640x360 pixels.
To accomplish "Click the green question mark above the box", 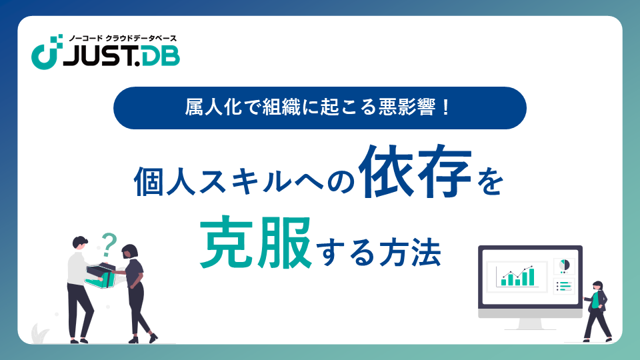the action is tap(109, 244).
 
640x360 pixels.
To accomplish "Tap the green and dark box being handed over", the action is tap(101, 275).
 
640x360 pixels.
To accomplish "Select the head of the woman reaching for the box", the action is tap(130, 251).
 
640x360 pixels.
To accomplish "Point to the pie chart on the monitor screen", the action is tap(564, 265).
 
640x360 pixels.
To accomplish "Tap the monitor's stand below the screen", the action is tap(530, 323).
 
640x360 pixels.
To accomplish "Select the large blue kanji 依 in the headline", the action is tap(386, 171).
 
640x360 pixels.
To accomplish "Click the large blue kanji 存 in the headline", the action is tap(443, 171).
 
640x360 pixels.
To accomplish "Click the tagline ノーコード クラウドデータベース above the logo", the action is tap(123, 39).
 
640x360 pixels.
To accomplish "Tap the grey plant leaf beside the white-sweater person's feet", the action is tap(40, 333).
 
